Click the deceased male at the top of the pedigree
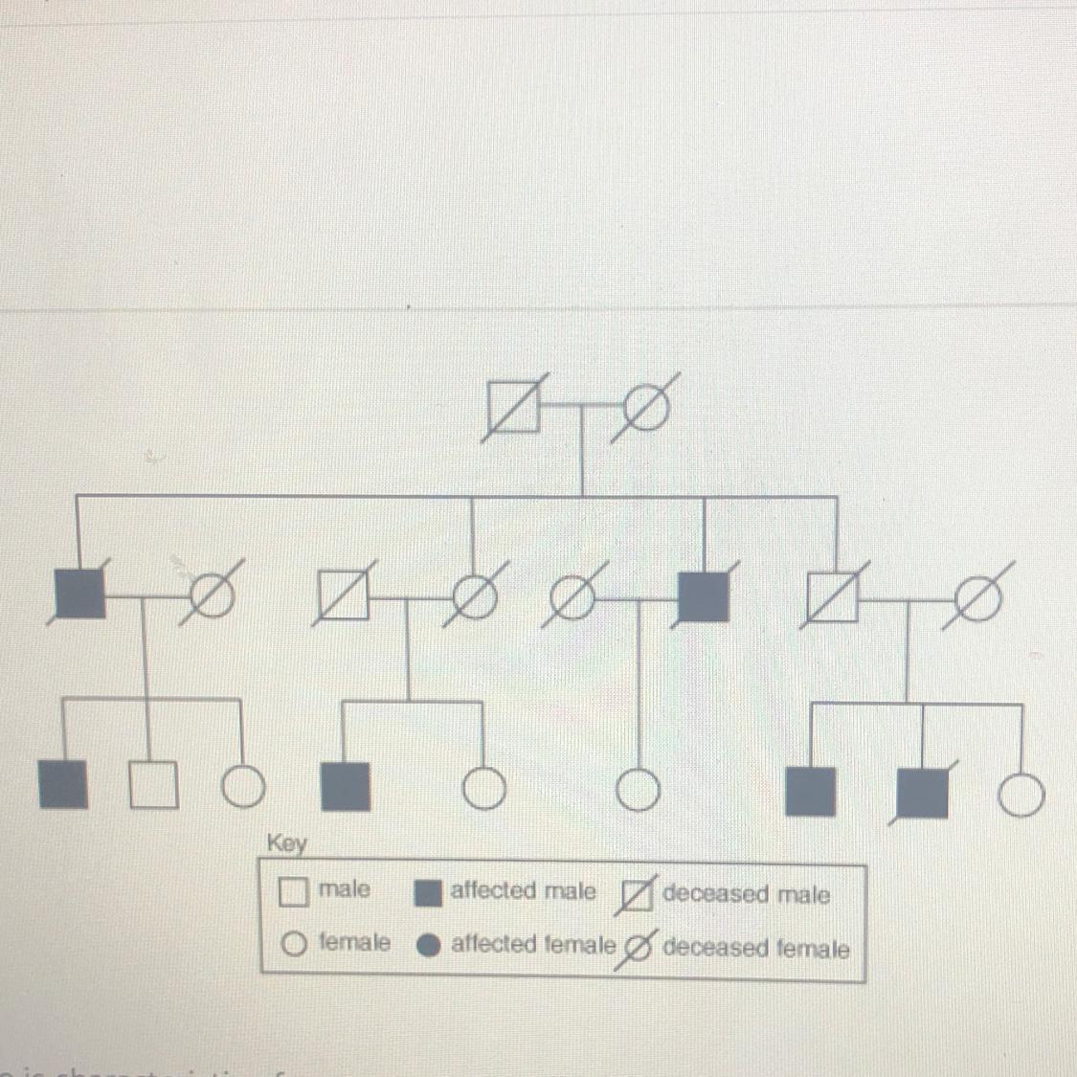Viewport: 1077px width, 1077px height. (x=513, y=406)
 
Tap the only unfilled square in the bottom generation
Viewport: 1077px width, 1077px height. (x=153, y=785)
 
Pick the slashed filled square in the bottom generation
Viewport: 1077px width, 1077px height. (x=923, y=792)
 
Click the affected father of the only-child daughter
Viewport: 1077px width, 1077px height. (x=704, y=597)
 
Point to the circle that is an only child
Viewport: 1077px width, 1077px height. (x=638, y=790)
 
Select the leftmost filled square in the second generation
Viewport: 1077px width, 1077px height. (x=80, y=594)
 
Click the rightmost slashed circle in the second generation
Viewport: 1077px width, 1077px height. (x=976, y=599)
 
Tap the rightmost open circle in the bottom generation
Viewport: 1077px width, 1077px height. (x=1021, y=796)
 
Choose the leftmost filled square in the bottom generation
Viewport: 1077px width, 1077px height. (x=63, y=784)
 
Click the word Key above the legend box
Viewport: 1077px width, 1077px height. (x=286, y=843)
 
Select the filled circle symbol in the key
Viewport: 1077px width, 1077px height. (x=429, y=946)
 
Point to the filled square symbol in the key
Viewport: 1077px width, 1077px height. (x=428, y=893)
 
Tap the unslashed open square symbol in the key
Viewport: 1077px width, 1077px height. (x=293, y=892)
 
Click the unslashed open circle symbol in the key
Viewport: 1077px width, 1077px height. (x=294, y=945)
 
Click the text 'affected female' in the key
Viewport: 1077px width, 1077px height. (x=533, y=945)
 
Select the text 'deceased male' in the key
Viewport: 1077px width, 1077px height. (x=746, y=895)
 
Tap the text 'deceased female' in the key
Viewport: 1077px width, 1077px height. (x=755, y=949)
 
